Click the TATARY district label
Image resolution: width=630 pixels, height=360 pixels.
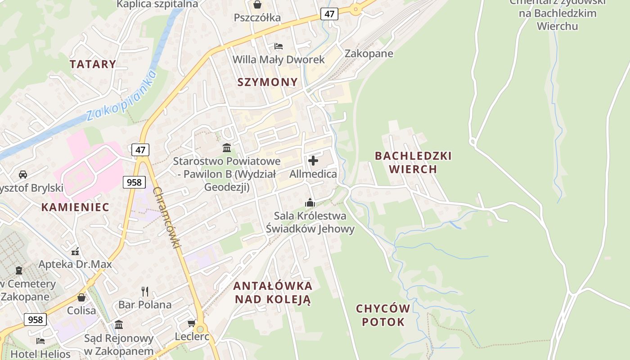point(93,64)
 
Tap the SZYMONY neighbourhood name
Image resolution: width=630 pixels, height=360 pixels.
point(267,82)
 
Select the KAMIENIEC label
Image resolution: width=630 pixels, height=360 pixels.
point(75,207)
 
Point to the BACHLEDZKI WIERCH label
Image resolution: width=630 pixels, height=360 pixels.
point(413,162)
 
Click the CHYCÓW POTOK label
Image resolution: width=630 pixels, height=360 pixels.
point(383,315)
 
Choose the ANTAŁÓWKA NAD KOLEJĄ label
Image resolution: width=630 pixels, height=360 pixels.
point(273,292)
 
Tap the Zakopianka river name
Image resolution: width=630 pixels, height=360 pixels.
point(121,95)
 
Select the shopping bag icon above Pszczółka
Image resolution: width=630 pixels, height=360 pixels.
point(257,5)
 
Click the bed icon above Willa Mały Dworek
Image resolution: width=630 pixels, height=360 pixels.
point(278,46)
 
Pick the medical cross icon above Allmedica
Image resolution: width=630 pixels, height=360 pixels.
point(313,160)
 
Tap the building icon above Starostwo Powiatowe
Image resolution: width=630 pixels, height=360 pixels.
point(227,148)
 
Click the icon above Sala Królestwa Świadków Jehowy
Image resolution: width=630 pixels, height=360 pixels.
point(310,202)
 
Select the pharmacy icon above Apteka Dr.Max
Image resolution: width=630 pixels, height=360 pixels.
point(75,251)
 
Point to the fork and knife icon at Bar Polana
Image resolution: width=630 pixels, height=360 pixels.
point(144,292)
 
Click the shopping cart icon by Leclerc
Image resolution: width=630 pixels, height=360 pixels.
point(191,324)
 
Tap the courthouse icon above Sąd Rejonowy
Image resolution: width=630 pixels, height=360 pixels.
point(119,324)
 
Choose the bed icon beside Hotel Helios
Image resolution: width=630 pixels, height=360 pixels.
point(40,341)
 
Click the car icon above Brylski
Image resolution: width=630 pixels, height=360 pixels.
point(22,174)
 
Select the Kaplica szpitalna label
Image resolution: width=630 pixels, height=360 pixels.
point(157,4)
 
